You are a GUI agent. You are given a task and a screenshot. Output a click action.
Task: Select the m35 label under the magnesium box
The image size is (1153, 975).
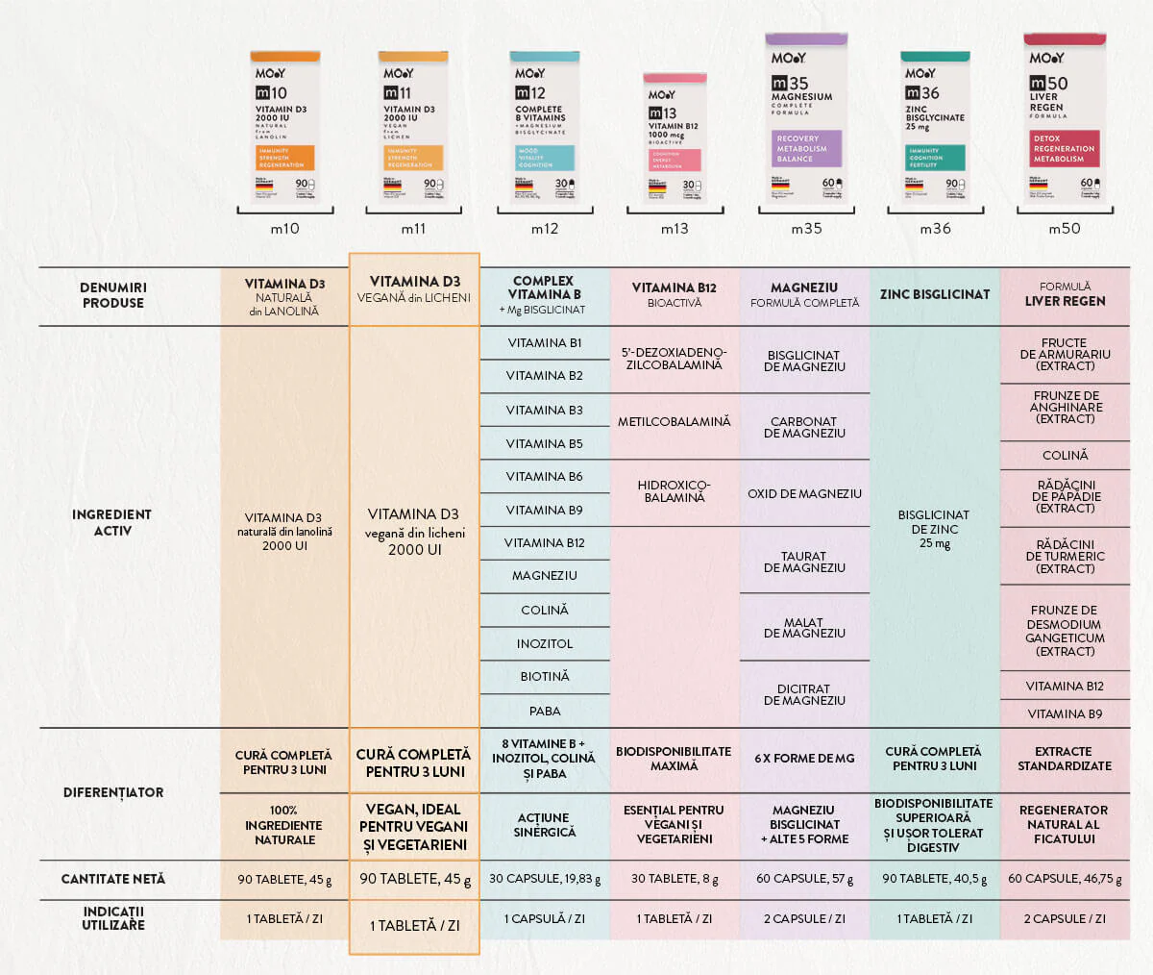806,229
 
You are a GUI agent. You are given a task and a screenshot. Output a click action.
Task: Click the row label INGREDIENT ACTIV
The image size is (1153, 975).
112,522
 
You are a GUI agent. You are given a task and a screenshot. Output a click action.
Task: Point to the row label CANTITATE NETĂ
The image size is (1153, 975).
112,879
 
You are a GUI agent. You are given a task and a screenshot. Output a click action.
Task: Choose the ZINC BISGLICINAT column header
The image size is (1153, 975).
934,294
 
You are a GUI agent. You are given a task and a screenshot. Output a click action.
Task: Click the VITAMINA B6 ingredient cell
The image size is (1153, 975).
544,476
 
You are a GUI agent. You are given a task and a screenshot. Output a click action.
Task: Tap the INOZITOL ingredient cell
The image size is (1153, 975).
544,643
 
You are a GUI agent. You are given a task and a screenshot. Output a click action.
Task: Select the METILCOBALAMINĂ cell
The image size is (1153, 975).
674,421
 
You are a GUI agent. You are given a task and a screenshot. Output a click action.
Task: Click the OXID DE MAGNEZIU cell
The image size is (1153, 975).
804,493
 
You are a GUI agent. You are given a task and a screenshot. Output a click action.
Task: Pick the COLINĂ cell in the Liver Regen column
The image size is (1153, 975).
1065,455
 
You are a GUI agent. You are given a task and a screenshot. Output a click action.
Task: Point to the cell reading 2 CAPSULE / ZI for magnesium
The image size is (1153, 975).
804,918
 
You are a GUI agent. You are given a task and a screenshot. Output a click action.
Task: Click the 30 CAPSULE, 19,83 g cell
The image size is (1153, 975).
544,879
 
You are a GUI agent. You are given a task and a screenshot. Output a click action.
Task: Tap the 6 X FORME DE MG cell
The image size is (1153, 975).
804,758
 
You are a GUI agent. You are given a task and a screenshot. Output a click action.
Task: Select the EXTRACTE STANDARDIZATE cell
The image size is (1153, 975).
1064,759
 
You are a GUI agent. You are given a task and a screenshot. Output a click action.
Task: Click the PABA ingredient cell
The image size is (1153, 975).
544,711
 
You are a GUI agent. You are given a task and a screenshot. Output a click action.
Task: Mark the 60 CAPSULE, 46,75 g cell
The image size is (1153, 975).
1064,879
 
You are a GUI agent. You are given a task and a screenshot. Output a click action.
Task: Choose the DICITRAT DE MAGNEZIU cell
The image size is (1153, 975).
804,694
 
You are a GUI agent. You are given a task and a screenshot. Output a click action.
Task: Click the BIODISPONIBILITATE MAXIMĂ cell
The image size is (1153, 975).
674,759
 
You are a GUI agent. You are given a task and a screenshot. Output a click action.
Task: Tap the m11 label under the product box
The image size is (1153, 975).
413,229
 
